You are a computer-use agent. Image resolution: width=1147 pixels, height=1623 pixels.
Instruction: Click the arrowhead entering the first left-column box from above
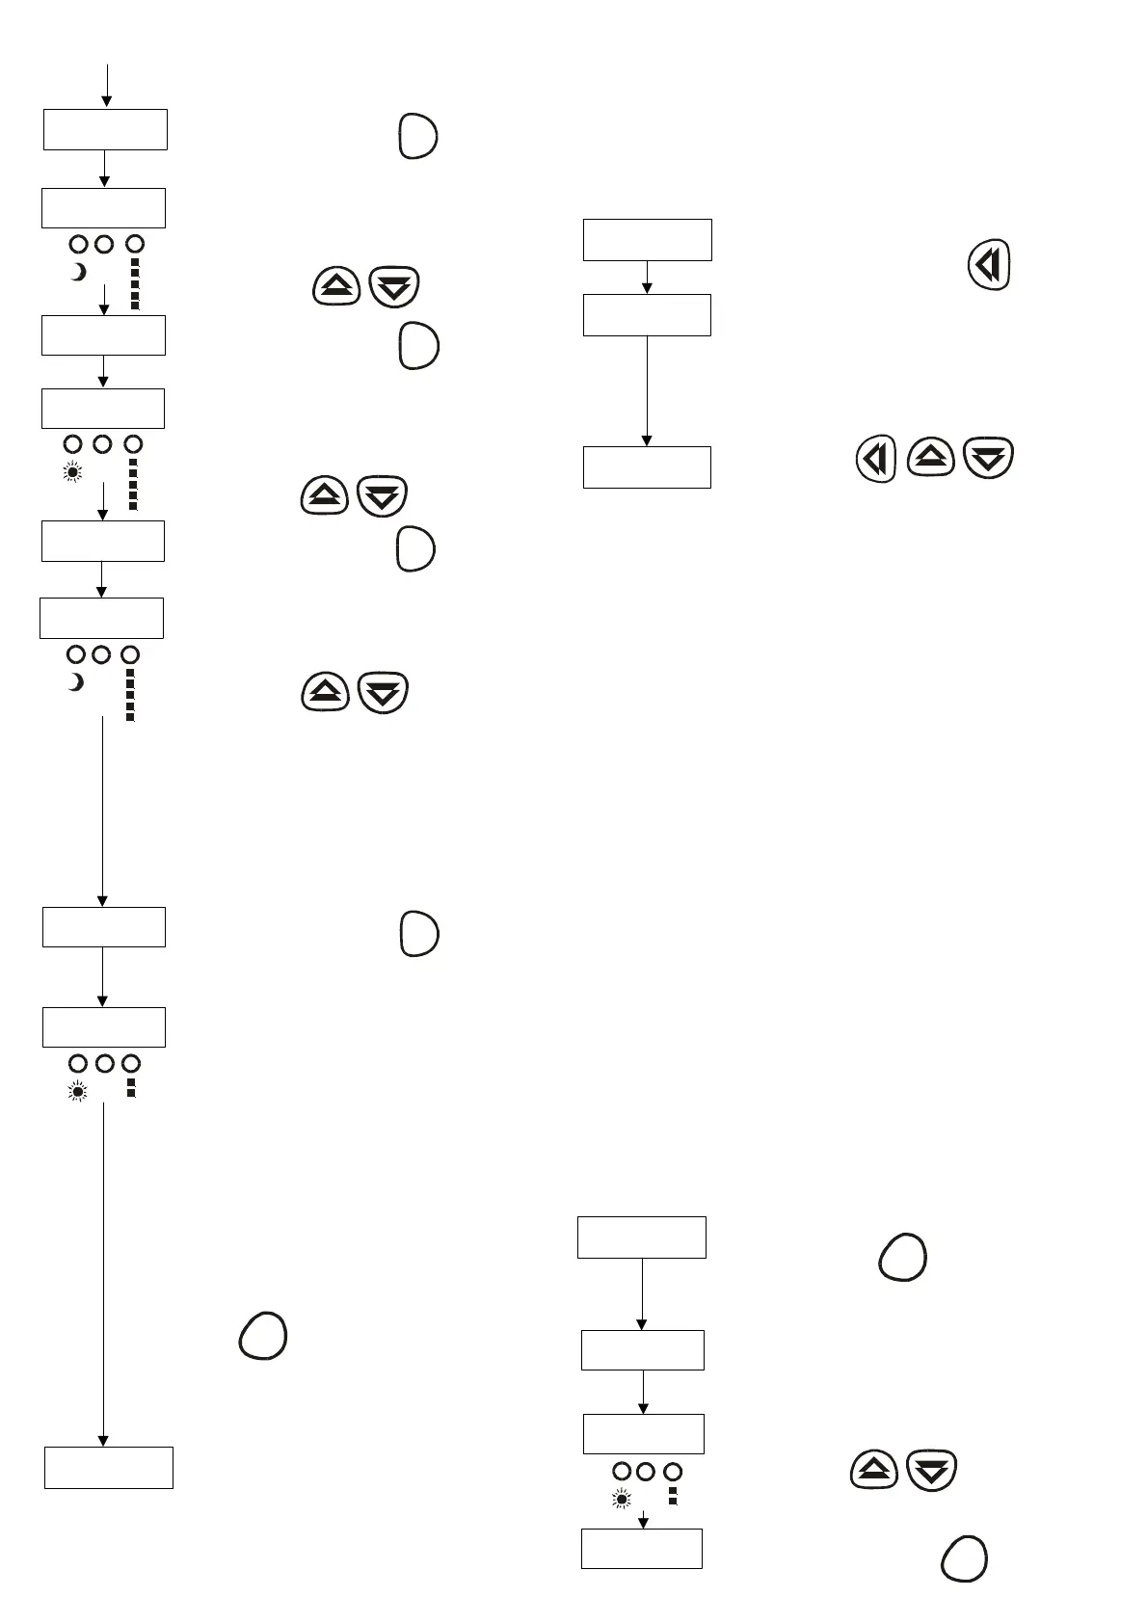(x=106, y=100)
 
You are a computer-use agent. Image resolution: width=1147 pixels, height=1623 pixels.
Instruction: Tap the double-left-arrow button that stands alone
(x=988, y=264)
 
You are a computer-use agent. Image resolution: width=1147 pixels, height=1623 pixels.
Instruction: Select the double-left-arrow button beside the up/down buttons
(x=875, y=460)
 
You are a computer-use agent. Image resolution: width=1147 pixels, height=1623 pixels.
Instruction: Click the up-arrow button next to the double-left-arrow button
(x=930, y=458)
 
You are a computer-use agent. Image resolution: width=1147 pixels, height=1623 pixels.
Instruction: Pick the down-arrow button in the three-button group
(x=988, y=458)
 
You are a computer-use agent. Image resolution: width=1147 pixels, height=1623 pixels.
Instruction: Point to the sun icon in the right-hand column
(x=621, y=1500)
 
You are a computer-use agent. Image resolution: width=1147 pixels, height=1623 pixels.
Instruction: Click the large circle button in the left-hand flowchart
(x=262, y=1336)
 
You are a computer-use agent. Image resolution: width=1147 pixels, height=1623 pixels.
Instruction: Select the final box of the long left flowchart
(x=109, y=1467)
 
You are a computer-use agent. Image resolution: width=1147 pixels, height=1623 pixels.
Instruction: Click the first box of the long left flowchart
(x=105, y=129)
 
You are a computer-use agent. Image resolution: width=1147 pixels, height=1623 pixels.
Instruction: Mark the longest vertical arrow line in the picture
(x=103, y=1272)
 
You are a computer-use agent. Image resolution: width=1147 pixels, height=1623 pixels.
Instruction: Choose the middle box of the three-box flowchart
(x=647, y=315)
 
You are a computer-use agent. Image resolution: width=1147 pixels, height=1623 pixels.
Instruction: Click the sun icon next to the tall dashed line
(x=73, y=472)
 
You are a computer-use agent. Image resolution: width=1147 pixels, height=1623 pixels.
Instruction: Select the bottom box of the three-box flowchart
(x=647, y=467)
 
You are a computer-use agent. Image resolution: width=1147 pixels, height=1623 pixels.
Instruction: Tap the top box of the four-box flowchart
(x=641, y=1237)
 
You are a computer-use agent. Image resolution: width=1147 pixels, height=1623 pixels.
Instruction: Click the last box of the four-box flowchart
(x=641, y=1548)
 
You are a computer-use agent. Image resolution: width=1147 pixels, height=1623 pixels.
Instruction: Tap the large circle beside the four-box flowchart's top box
(x=902, y=1257)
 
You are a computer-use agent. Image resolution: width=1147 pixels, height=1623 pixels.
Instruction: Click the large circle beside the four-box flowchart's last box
(x=963, y=1558)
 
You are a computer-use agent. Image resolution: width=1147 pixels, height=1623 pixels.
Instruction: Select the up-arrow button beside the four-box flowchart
(x=874, y=1471)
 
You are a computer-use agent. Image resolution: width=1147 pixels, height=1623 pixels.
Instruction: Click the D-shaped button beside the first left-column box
(x=417, y=136)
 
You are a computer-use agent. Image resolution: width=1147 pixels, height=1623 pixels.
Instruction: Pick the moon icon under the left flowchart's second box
(x=78, y=273)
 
